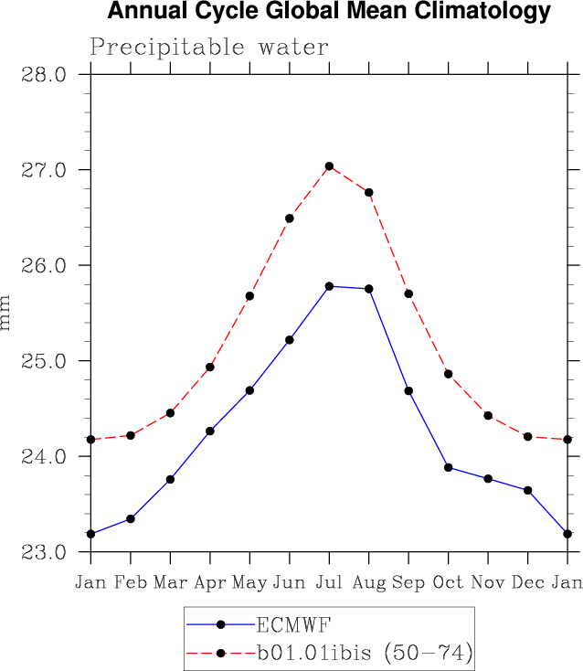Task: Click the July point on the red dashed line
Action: pyautogui.click(x=329, y=166)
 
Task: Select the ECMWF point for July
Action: pyautogui.click(x=329, y=286)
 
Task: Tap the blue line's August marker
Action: pyautogui.click(x=369, y=289)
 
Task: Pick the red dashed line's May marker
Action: pyautogui.click(x=249, y=296)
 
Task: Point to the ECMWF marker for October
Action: pyautogui.click(x=449, y=467)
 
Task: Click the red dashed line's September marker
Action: pyautogui.click(x=408, y=293)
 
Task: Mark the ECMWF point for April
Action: pyautogui.click(x=210, y=431)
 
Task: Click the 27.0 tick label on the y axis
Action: pyautogui.click(x=43, y=170)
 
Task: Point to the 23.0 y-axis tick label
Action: pyautogui.click(x=43, y=552)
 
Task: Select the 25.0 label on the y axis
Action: pyautogui.click(x=43, y=361)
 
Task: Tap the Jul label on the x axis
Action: pyautogui.click(x=329, y=583)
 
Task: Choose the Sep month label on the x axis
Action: pyautogui.click(x=408, y=583)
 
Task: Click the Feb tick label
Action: pyautogui.click(x=131, y=583)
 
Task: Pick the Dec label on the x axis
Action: pyautogui.click(x=528, y=583)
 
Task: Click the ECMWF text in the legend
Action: pyautogui.click(x=293, y=625)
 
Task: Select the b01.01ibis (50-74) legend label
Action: pyautogui.click(x=363, y=653)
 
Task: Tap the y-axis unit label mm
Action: pyautogui.click(x=7, y=314)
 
